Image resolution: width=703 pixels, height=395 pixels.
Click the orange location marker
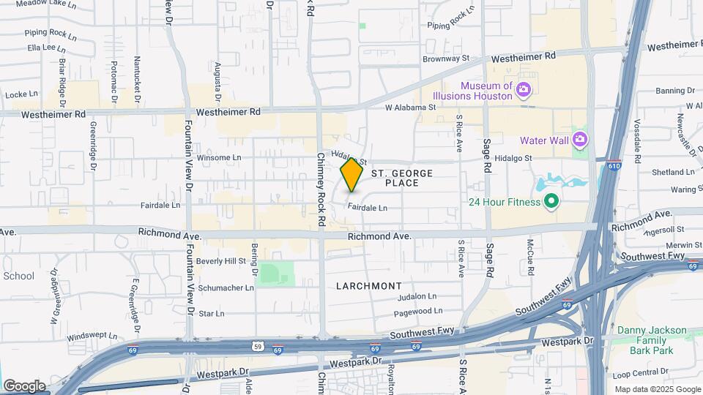coord(351,175)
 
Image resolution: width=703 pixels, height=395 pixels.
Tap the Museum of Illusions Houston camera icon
coord(523,91)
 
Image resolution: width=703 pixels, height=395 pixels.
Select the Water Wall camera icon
coord(580,138)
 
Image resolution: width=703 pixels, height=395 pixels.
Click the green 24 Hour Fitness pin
coord(551,202)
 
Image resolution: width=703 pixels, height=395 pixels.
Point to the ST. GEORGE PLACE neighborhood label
coord(402,178)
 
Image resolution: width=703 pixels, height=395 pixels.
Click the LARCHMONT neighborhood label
coord(369,285)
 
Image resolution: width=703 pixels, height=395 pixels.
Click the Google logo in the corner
coord(24,386)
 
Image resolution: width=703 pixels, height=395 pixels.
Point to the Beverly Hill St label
coord(221,261)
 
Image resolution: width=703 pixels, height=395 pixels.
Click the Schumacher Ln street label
coord(226,287)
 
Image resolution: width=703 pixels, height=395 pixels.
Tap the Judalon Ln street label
coord(417,297)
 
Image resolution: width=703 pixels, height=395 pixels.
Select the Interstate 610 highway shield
coord(614,166)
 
